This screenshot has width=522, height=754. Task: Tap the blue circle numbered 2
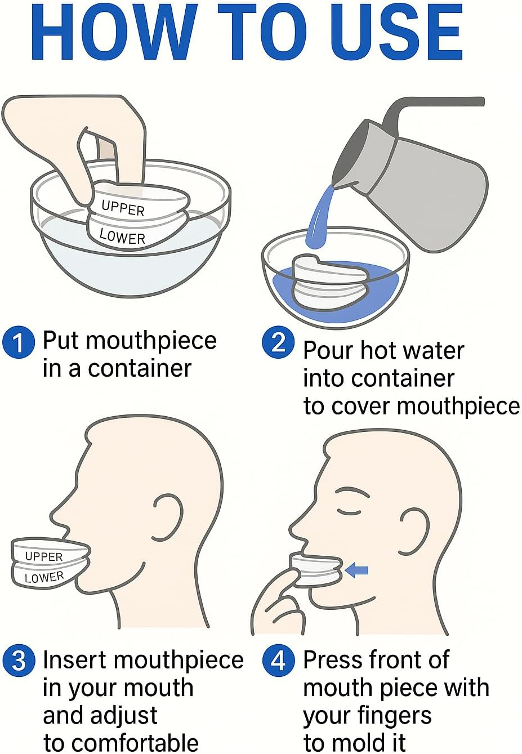pos(278,342)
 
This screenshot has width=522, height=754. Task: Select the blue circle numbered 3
pos(19,661)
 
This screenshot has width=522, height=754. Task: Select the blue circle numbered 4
pos(278,661)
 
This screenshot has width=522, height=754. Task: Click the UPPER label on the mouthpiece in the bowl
pos(123,208)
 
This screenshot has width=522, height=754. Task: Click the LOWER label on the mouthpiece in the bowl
pos(122,236)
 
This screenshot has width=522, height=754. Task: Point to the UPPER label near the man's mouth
pos(44,556)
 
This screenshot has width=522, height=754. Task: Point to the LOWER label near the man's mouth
pos(44,577)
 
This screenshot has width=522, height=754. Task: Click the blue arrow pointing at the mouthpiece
pos(356,570)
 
